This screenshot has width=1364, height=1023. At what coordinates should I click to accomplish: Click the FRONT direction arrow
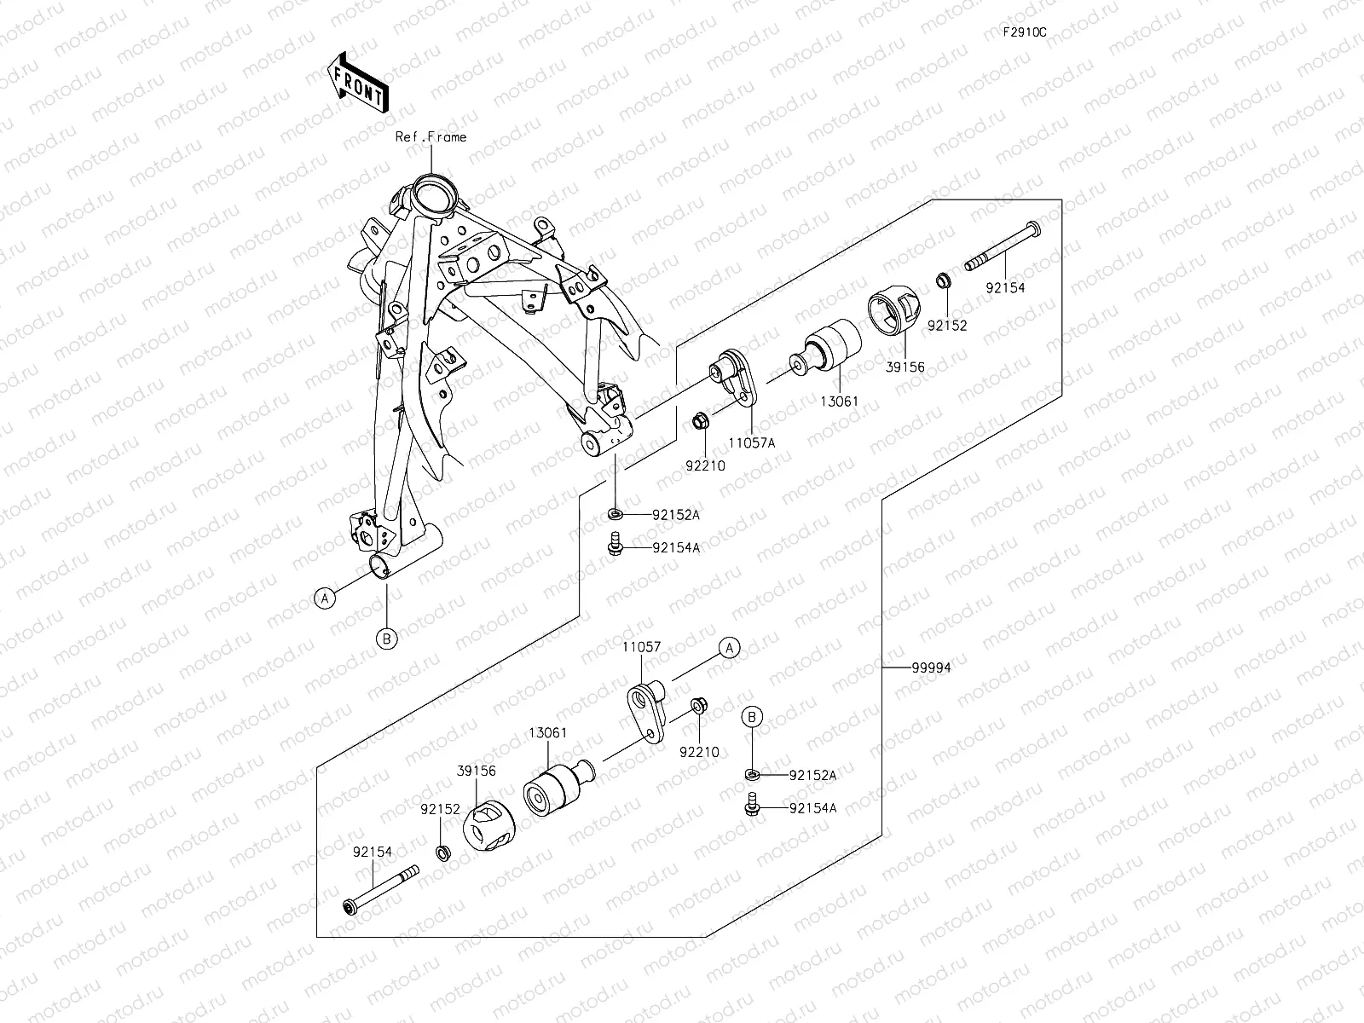coord(357,82)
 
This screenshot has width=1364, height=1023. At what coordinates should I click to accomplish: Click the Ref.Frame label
coord(431,136)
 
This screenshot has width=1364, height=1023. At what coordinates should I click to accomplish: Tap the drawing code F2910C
coord(1024,32)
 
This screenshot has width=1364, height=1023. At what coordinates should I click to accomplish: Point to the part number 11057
coord(641,648)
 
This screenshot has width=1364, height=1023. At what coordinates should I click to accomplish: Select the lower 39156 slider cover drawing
coord(488,824)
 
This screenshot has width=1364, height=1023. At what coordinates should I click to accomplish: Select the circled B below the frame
coord(386,639)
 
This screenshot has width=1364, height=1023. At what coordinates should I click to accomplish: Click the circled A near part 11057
coord(729,648)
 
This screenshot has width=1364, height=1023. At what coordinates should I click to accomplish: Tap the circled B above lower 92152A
coord(752,718)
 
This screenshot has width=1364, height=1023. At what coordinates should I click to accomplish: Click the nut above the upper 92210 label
coord(699,420)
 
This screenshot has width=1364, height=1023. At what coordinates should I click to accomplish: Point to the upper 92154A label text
coord(676,548)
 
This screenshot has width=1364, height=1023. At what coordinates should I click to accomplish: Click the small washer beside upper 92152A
coord(615,515)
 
